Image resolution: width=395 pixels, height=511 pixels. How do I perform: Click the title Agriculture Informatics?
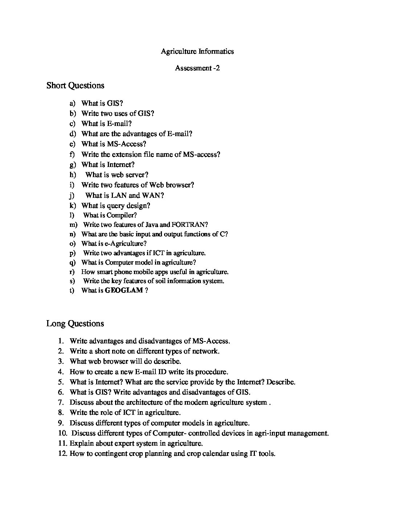(197, 51)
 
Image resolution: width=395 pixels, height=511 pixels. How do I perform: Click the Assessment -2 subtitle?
(197, 68)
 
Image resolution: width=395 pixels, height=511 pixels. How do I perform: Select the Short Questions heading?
(75, 86)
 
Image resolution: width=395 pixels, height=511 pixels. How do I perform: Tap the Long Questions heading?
(75, 323)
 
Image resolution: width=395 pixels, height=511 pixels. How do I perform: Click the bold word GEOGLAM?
(123, 290)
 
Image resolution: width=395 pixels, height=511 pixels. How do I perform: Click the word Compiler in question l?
(121, 215)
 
